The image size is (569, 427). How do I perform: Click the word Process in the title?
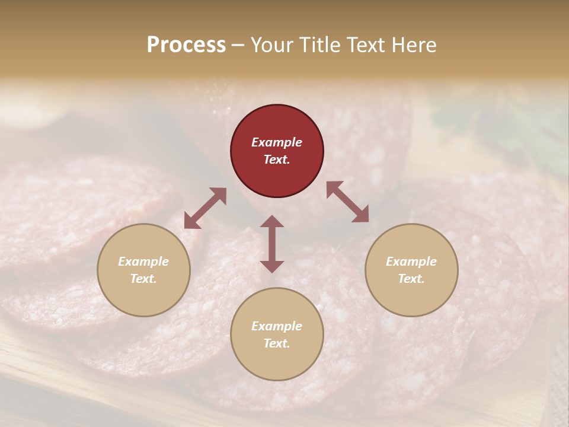coord(186,45)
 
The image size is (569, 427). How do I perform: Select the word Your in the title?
coord(272,45)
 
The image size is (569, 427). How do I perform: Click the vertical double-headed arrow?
coord(272,244)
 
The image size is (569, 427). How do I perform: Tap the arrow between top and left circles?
coord(205,208)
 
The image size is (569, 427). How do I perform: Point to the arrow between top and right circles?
coord(347,202)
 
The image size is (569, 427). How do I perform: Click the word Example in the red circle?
coord(277,142)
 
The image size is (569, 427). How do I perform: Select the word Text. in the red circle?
coord(277,160)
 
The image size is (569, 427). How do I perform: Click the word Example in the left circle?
coord(143,262)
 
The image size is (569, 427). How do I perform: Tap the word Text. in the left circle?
coord(143,279)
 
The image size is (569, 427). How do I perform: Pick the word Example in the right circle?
coord(411,262)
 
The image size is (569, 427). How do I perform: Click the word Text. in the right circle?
coord(411,279)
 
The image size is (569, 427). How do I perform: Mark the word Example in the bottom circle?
coord(277,326)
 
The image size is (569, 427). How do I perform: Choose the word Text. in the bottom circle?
coord(277,343)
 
